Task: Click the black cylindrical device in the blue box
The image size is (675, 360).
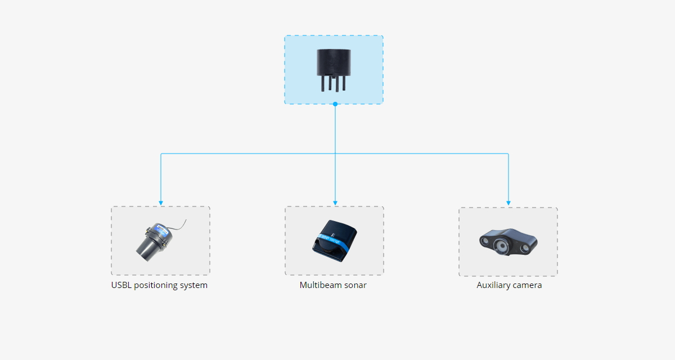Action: point(334,70)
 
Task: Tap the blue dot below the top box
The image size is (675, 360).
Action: point(335,104)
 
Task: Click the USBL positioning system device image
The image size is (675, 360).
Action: point(161,241)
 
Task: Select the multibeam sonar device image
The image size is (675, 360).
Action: point(335,241)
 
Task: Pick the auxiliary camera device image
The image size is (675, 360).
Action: point(508,242)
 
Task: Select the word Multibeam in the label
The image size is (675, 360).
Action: point(320,285)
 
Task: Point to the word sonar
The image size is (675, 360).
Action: point(355,286)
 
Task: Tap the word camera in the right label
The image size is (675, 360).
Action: point(528,286)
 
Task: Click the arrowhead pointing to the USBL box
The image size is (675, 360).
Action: point(161,204)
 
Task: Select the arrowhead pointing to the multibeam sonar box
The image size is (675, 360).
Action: point(335,204)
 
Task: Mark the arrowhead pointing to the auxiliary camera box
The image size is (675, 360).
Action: point(508,204)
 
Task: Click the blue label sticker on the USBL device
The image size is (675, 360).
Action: point(161,230)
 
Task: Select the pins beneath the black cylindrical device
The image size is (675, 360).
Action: point(334,83)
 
